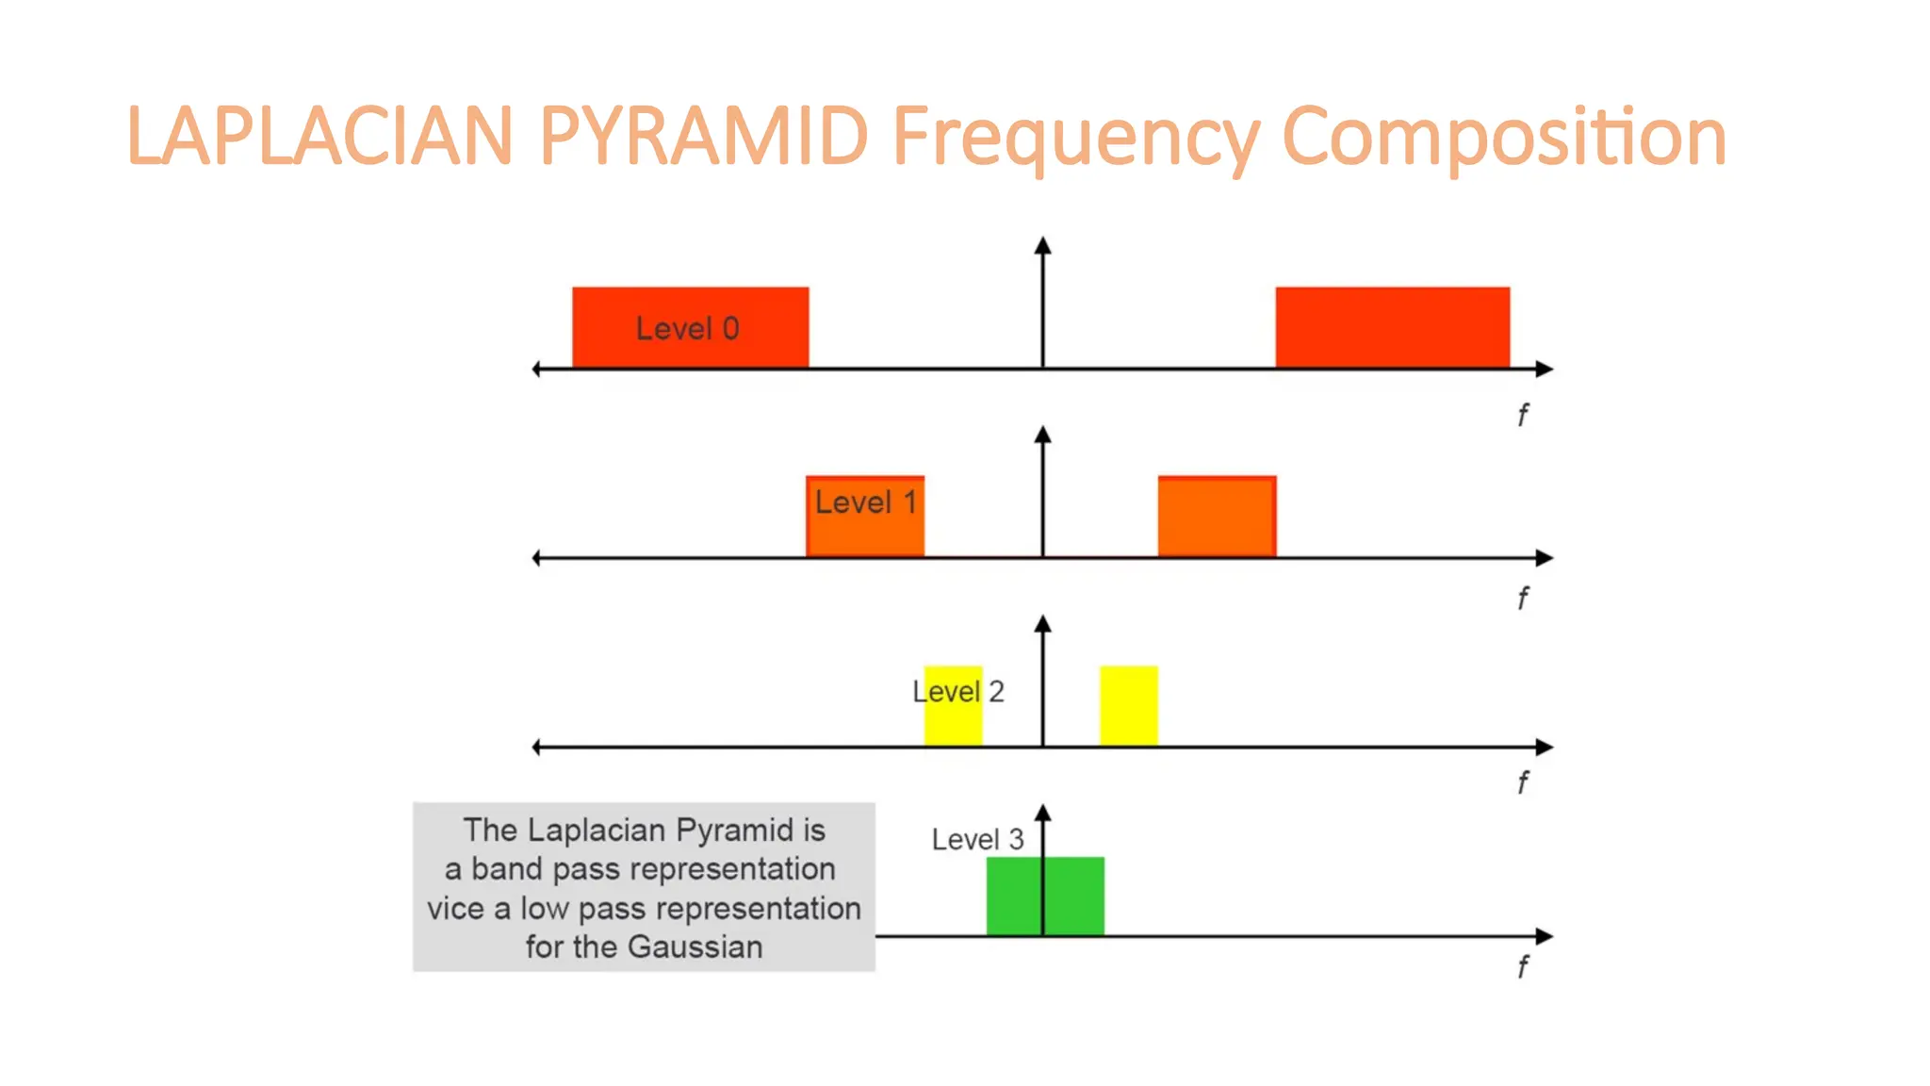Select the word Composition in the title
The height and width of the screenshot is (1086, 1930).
pyautogui.click(x=1504, y=137)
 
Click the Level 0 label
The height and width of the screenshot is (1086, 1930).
pyautogui.click(x=687, y=329)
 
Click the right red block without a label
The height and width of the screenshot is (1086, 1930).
pyautogui.click(x=1392, y=327)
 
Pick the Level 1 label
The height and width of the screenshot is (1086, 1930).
pyautogui.click(x=865, y=502)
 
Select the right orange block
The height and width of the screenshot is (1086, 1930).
pyautogui.click(x=1217, y=517)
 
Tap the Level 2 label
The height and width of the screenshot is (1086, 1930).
pyautogui.click(x=957, y=692)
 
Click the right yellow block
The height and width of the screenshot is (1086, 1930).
pyautogui.click(x=1128, y=705)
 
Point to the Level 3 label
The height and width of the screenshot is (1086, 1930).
pyautogui.click(x=977, y=839)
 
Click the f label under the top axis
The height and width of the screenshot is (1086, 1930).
pyautogui.click(x=1522, y=415)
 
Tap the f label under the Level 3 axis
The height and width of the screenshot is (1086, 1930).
pyautogui.click(x=1522, y=966)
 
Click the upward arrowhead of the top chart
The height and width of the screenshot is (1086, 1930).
pyautogui.click(x=1042, y=245)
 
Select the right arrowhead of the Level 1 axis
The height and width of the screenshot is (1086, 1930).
pyautogui.click(x=1544, y=558)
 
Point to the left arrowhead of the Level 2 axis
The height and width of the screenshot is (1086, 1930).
pyautogui.click(x=537, y=748)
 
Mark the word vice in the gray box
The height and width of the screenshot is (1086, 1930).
pyautogui.click(x=455, y=909)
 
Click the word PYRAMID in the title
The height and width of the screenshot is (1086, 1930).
pyautogui.click(x=703, y=137)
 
